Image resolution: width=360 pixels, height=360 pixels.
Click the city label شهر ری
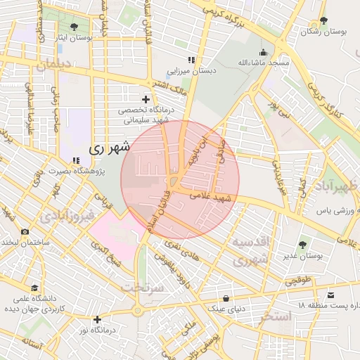[x=110, y=149]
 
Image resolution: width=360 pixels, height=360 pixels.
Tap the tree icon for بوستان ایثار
[x=74, y=27]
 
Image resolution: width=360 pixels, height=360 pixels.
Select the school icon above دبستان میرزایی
[x=191, y=60]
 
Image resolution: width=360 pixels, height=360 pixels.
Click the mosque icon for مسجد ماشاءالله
[x=264, y=52]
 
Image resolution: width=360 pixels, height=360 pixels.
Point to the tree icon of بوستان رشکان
[x=323, y=20]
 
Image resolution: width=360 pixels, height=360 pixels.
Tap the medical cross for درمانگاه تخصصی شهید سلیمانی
[x=146, y=99]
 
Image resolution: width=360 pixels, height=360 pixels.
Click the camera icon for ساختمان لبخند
[x=25, y=232]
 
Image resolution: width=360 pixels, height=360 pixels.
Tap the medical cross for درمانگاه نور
[x=97, y=319]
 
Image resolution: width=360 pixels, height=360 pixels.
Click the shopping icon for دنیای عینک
[x=226, y=298]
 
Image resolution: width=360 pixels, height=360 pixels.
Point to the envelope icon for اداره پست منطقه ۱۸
[x=331, y=295]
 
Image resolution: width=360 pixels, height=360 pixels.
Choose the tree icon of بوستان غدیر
[x=302, y=245]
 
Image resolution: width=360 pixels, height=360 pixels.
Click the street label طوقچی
[x=296, y=280]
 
